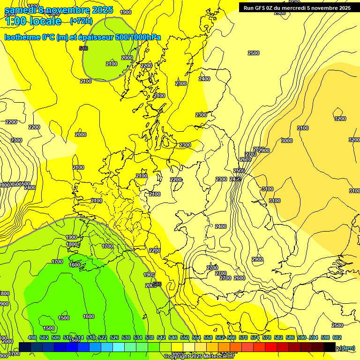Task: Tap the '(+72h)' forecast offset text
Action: [x=81, y=21]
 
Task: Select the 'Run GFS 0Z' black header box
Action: [x=297, y=7]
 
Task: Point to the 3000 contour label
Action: [x=286, y=141]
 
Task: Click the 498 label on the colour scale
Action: [x=32, y=337]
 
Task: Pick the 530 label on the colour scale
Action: [x=126, y=337]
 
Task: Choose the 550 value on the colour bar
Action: [x=185, y=337]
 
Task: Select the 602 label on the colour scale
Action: [x=337, y=337]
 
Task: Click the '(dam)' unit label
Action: [x=347, y=348]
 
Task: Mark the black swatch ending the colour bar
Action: [x=330, y=347]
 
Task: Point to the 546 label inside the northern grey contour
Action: [x=83, y=48]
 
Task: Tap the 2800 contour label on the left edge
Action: [x=5, y=185]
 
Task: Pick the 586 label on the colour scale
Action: [x=290, y=337]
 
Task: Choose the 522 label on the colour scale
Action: [x=103, y=337]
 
